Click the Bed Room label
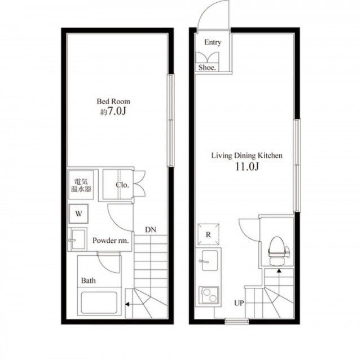click(x=113, y=101)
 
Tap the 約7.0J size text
click(x=113, y=112)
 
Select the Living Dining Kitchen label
click(x=247, y=155)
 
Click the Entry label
click(x=213, y=42)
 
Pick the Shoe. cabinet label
click(x=207, y=68)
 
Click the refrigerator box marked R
click(x=208, y=234)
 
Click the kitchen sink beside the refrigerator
click(x=209, y=260)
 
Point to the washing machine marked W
click(x=78, y=214)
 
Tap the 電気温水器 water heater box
click(x=81, y=185)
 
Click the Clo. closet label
click(x=122, y=185)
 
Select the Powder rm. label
click(x=111, y=241)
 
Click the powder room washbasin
click(x=77, y=239)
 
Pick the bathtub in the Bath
click(x=99, y=303)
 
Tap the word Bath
click(x=89, y=281)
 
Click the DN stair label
click(x=151, y=230)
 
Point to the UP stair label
click(x=239, y=303)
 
